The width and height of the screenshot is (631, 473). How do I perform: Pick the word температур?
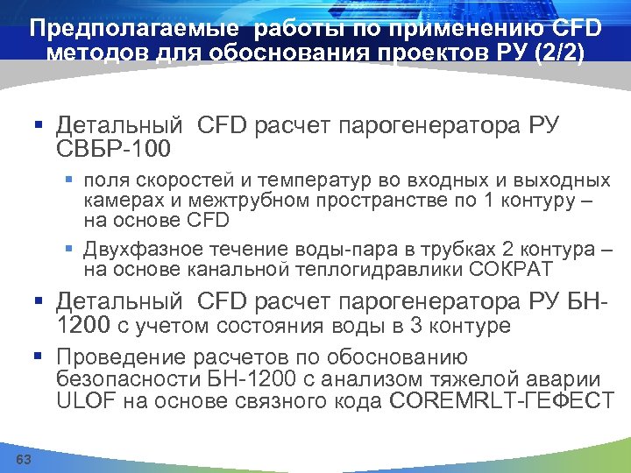pos(302,181)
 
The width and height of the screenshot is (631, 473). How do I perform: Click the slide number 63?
pos(24,460)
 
